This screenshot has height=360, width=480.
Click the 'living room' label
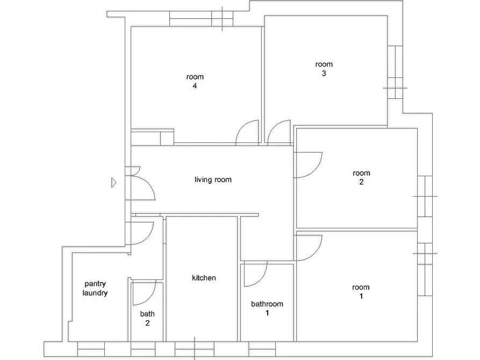[213, 179]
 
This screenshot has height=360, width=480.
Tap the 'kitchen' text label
[204, 278]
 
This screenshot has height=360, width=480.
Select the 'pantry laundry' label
[95, 289]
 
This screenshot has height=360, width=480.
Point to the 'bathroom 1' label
[267, 308]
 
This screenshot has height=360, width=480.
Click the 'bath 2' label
[147, 319]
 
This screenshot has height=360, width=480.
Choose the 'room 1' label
[361, 291]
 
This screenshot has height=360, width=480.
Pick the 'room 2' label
[361, 177]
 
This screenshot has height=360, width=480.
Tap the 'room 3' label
[324, 69]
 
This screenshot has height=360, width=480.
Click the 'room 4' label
[195, 81]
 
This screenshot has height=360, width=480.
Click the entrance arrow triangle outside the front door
[114, 183]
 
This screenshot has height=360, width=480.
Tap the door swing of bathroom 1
[261, 280]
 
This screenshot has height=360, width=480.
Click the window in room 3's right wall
[395, 72]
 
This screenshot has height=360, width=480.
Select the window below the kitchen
[195, 349]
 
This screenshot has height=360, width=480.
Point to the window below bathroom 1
[262, 349]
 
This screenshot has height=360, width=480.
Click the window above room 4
[201, 19]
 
